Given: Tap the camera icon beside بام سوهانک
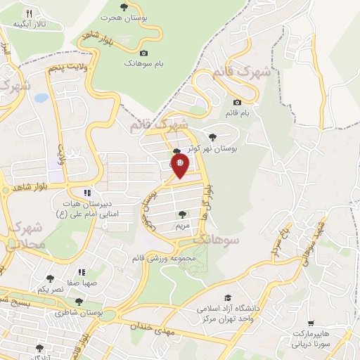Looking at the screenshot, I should [x=144, y=53].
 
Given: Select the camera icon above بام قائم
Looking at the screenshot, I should [x=247, y=102].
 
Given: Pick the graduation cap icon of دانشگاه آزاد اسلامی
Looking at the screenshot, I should [x=227, y=297].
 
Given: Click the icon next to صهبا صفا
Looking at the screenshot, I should [x=82, y=272].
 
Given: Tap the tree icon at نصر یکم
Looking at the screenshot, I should [x=50, y=279].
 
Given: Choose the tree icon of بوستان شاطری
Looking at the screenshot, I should [x=78, y=301].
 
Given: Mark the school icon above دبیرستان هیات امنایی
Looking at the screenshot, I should [x=87, y=192].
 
